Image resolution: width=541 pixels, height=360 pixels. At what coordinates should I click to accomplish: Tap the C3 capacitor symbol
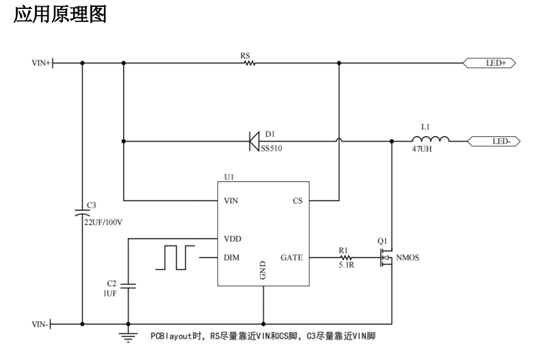point(82,214)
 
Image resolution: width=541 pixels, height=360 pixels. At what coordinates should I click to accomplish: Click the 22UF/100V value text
point(103,222)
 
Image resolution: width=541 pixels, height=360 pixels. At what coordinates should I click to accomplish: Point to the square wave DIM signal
point(174,257)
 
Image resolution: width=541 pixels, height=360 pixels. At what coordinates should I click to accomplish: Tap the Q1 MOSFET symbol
point(386,258)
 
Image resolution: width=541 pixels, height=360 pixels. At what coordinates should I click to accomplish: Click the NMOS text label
point(408,258)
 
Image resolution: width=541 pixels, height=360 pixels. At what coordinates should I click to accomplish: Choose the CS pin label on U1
point(298,201)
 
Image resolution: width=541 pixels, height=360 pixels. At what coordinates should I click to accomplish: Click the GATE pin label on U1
point(291,258)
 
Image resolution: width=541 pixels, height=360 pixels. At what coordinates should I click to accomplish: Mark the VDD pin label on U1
point(233,239)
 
